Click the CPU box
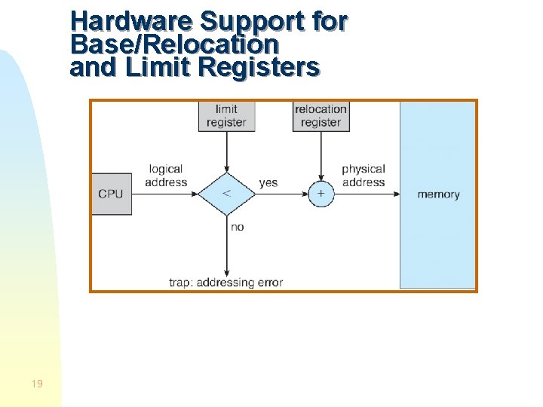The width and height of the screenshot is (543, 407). click(111, 194)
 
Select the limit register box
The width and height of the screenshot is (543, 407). click(226, 116)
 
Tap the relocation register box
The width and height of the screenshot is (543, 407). click(321, 116)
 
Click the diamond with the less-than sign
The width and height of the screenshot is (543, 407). click(226, 194)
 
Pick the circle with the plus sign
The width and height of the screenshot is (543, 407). click(321, 194)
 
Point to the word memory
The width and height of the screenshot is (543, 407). click(438, 194)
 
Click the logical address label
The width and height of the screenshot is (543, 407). click(166, 176)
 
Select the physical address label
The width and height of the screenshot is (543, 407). click(363, 176)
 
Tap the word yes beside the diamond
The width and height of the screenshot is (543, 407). click(268, 182)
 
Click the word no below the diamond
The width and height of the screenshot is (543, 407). click(238, 227)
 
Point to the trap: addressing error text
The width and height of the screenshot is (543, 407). click(225, 283)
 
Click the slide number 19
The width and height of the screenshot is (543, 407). click(37, 384)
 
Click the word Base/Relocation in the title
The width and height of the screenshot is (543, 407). click(173, 44)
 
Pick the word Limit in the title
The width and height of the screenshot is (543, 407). click(159, 68)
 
